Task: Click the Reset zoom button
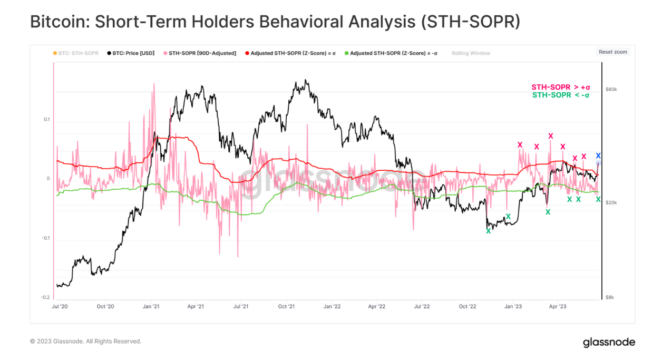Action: [x=613, y=52]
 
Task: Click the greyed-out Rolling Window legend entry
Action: [x=471, y=53]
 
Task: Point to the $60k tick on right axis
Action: [x=611, y=90]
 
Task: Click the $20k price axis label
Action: [x=611, y=203]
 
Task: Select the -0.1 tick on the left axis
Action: [x=46, y=238]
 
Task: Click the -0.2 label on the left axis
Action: [x=46, y=297]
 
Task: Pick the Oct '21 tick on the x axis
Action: [x=286, y=306]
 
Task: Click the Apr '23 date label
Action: [x=558, y=306]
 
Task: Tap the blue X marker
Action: [x=598, y=155]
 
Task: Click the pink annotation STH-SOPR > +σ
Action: [x=560, y=87]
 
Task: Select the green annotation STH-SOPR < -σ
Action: [x=561, y=95]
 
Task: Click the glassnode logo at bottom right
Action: [x=609, y=342]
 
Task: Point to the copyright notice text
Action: [x=85, y=342]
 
